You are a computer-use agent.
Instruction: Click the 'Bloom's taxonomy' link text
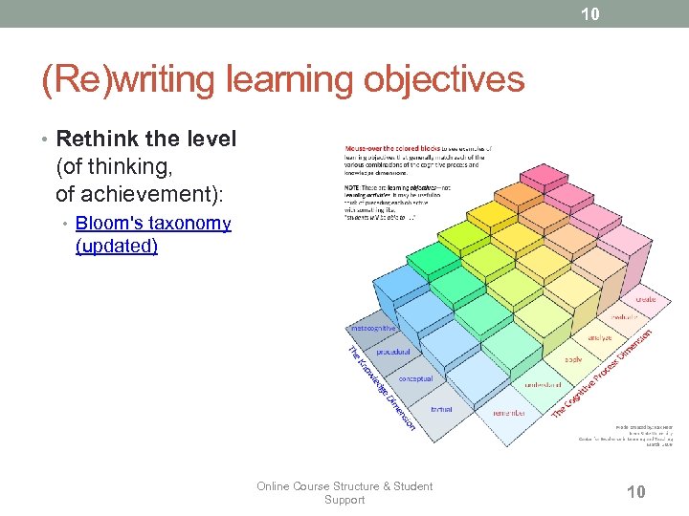(x=153, y=224)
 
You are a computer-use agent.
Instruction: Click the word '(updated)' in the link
(x=117, y=247)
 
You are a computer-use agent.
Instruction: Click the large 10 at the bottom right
(x=634, y=491)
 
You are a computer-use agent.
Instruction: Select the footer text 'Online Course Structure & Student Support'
(x=344, y=492)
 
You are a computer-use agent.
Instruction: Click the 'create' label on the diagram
(x=646, y=299)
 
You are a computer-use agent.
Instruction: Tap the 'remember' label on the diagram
(x=509, y=413)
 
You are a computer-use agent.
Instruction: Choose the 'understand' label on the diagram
(x=543, y=384)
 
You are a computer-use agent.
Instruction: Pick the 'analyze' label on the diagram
(x=600, y=337)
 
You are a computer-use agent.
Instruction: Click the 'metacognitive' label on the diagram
(x=375, y=328)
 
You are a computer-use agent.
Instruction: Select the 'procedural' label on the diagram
(x=393, y=352)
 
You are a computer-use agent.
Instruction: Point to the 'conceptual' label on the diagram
(x=415, y=378)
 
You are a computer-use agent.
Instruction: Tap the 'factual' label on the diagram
(x=441, y=408)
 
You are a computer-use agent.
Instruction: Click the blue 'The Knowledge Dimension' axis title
(x=380, y=387)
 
